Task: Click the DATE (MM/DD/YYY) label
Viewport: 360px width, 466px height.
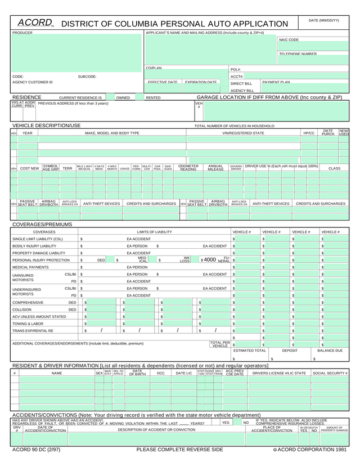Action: [x=324, y=20]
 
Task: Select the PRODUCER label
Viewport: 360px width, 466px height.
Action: [x=22, y=33]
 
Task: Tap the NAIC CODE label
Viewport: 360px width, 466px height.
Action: [x=289, y=40]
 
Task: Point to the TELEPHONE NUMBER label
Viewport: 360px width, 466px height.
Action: [x=298, y=54]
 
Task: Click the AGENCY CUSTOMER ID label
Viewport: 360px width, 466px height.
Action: [x=33, y=82]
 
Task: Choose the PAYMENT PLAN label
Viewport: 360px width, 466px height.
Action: [x=276, y=82]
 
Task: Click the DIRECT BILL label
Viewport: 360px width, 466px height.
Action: [x=241, y=83]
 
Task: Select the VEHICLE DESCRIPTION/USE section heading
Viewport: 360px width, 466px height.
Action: [x=46, y=125]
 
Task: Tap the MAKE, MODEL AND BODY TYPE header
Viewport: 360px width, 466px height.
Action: [x=112, y=133]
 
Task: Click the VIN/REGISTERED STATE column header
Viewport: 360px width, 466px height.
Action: [x=243, y=133]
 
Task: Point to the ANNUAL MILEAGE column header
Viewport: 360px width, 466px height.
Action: [x=215, y=168]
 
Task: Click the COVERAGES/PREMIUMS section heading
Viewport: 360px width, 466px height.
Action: [x=42, y=225]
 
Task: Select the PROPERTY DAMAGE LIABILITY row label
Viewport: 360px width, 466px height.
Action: [x=39, y=253]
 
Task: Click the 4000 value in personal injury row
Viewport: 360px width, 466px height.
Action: [x=210, y=260]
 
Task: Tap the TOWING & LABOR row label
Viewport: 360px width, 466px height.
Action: [x=28, y=324]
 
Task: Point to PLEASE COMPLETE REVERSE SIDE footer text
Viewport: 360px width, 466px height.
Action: [x=179, y=450]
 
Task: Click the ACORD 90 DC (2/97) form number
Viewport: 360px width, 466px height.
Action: [x=36, y=450]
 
